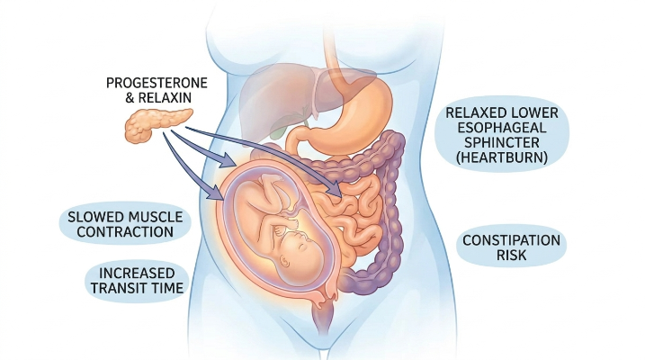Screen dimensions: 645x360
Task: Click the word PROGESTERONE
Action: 157,83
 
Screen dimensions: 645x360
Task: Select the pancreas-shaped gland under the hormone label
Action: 157,124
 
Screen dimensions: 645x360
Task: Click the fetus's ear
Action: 285,260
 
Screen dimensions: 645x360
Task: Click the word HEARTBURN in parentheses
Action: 501,157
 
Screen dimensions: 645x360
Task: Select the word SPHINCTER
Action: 501,142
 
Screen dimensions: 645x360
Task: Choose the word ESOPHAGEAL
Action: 501,128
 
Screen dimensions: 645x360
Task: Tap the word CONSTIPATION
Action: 511,240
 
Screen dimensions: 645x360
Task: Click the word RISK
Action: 511,255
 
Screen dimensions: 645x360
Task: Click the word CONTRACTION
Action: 125,231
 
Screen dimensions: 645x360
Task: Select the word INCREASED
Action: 137,274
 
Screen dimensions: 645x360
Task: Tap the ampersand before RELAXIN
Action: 130,98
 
